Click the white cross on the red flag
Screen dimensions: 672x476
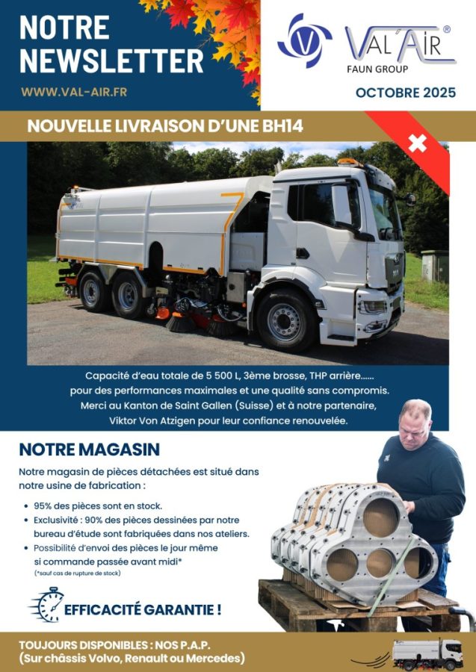pos(417,142)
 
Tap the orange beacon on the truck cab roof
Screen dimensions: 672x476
pos(348,161)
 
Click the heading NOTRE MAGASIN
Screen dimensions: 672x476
pos(90,450)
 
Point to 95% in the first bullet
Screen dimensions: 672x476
pos(46,505)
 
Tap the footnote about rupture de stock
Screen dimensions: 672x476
pos(78,573)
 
